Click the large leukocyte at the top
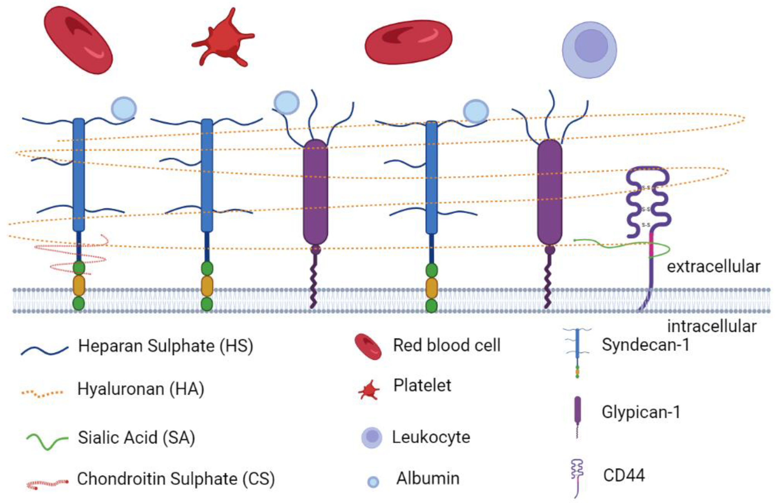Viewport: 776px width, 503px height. click(x=589, y=50)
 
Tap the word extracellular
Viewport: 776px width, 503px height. click(x=713, y=267)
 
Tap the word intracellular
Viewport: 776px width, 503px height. click(x=711, y=326)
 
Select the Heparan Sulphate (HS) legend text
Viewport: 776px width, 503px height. click(x=166, y=346)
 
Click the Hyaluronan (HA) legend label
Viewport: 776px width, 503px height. click(x=141, y=389)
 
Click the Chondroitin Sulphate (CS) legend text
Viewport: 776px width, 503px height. click(x=176, y=479)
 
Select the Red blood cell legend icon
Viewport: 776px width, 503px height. click(x=368, y=346)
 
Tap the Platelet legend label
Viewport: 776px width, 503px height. click(x=422, y=386)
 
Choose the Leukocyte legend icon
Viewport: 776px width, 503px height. click(x=372, y=437)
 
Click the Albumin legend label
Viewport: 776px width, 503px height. click(x=428, y=478)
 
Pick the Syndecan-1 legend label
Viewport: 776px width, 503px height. click(x=646, y=345)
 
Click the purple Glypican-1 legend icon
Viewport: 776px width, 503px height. click(x=577, y=409)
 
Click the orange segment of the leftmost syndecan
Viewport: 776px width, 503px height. click(x=79, y=285)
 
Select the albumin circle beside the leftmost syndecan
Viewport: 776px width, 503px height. click(x=124, y=109)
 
